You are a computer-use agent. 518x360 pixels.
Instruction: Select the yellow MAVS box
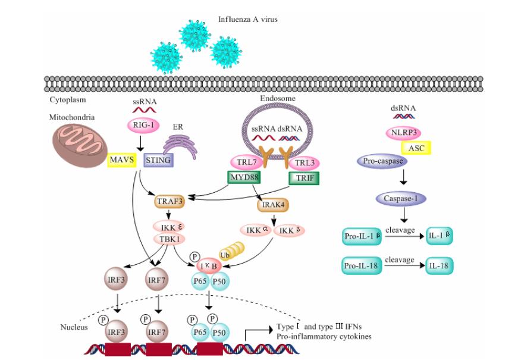point(122,159)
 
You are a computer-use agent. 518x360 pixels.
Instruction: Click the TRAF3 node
point(169,202)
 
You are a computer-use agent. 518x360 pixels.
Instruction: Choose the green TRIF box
point(303,177)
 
